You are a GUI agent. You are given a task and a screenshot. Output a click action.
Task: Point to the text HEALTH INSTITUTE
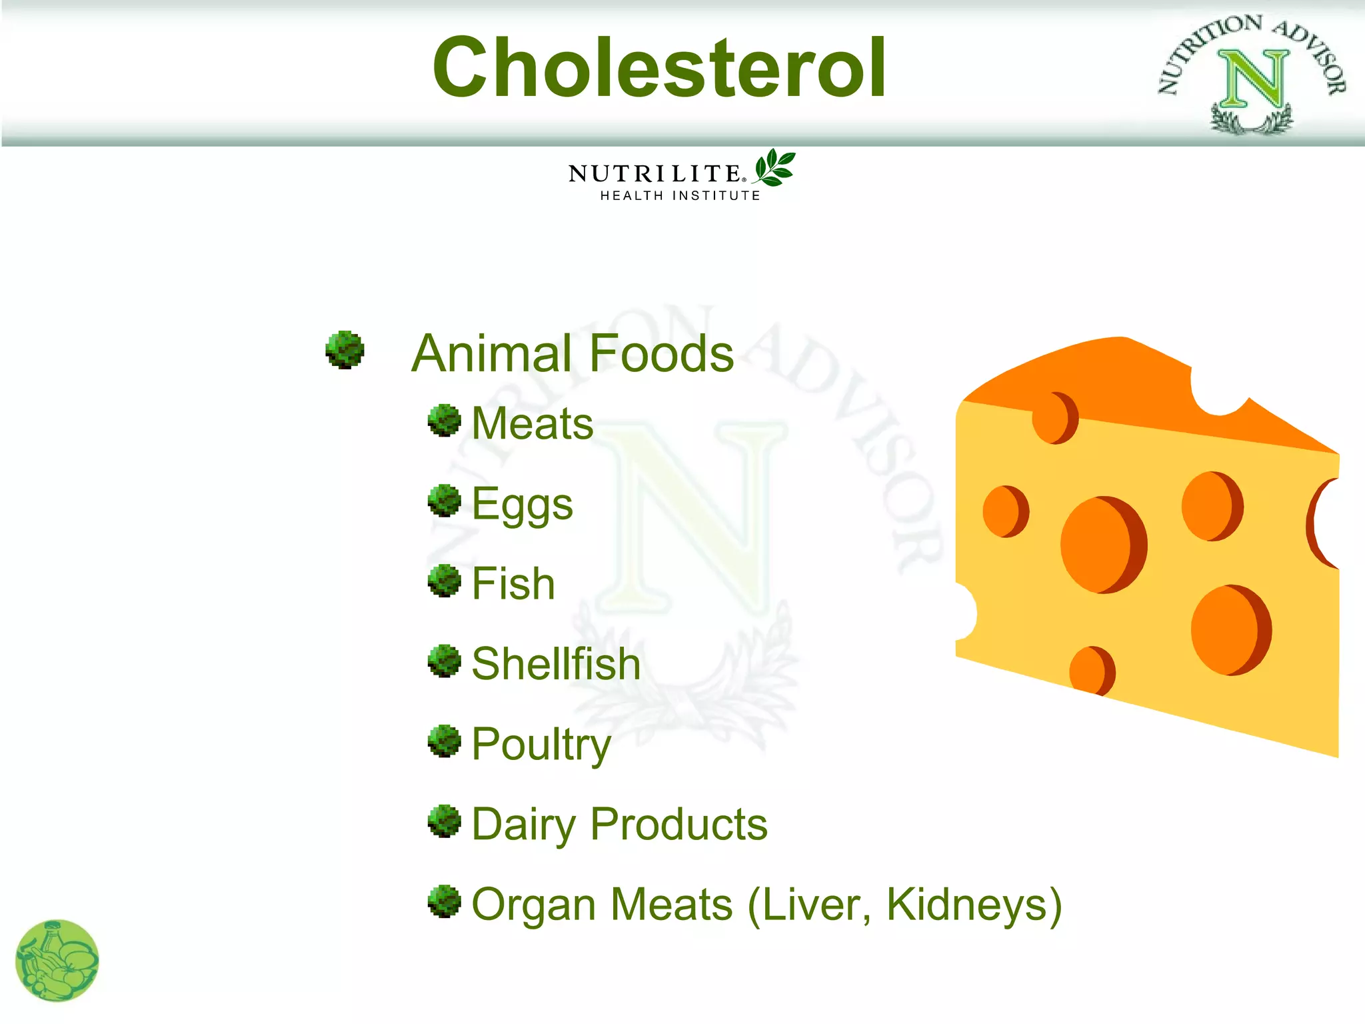click(680, 196)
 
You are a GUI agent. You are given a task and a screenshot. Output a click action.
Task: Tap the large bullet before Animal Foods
click(345, 350)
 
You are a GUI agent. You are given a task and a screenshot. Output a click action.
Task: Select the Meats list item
click(532, 424)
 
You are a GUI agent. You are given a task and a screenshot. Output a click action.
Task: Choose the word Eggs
click(522, 505)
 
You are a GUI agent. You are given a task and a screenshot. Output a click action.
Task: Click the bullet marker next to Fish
click(445, 581)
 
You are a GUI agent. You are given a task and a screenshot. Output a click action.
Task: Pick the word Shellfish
click(556, 664)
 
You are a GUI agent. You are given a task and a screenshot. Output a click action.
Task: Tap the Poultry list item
click(541, 744)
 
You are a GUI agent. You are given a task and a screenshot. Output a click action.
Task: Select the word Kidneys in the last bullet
click(973, 905)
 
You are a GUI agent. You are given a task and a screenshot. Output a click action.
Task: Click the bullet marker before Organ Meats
click(445, 901)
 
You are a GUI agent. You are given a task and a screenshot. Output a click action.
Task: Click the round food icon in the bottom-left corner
click(57, 961)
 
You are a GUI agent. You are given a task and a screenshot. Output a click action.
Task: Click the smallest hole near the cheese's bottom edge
click(1090, 670)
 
